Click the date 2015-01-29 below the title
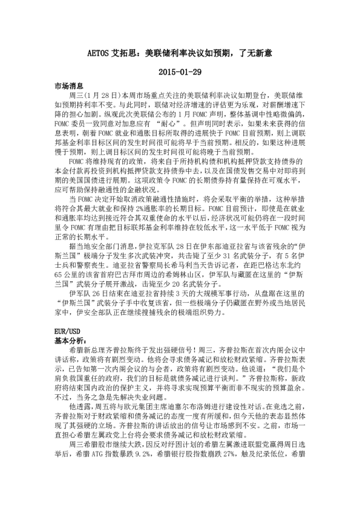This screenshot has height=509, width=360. pos(180,71)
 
